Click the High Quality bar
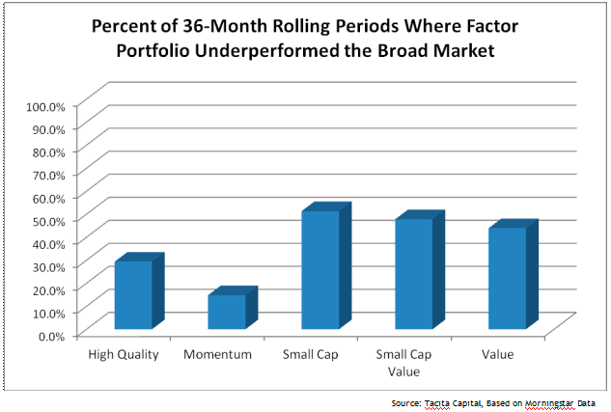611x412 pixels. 133,294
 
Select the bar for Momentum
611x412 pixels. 227,311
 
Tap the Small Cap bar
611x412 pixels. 320,269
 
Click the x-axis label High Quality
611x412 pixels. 123,354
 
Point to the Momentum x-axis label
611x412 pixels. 217,354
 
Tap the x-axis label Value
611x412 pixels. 498,354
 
